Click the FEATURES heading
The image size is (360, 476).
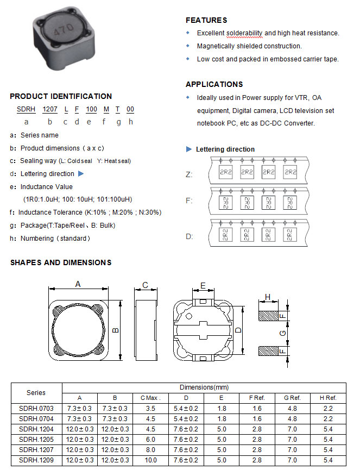tap(206, 20)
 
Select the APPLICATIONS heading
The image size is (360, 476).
tap(214, 84)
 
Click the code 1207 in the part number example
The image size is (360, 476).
tap(50, 109)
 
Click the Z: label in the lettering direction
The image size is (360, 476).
tap(189, 174)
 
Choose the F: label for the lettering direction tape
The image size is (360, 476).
tap(189, 201)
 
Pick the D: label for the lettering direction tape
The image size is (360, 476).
tap(189, 236)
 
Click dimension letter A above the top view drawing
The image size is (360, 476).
tap(78, 284)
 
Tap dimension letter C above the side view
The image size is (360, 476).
tap(145, 285)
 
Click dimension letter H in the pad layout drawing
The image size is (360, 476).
tap(268, 297)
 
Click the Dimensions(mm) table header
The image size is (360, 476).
tap(204, 387)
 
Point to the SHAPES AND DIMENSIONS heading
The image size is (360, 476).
tap(61, 262)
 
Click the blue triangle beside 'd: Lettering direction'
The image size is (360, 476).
tap(81, 174)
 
